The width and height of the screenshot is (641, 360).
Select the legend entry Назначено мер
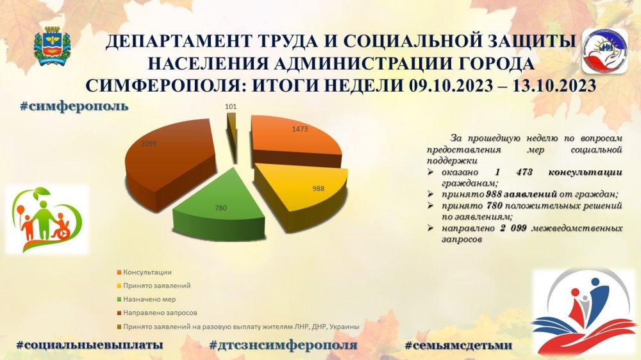coord(151,299)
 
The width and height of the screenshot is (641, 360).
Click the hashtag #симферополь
coord(74,105)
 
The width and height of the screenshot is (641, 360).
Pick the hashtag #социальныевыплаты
coord(89,345)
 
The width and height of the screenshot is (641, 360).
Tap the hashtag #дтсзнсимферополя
coord(283,345)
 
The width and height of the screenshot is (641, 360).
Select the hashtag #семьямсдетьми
coord(458,345)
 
